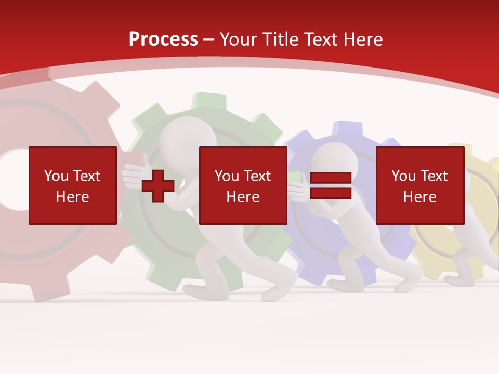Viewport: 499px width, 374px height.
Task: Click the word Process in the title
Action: point(163,39)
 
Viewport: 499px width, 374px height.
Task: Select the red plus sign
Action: point(158,186)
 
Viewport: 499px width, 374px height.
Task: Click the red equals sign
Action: point(331,185)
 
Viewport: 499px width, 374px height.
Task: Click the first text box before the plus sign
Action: point(73,185)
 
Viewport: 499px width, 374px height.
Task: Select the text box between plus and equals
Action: point(243,185)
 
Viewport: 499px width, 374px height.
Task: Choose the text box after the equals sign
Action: point(419,185)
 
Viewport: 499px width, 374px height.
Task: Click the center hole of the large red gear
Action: point(13,179)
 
